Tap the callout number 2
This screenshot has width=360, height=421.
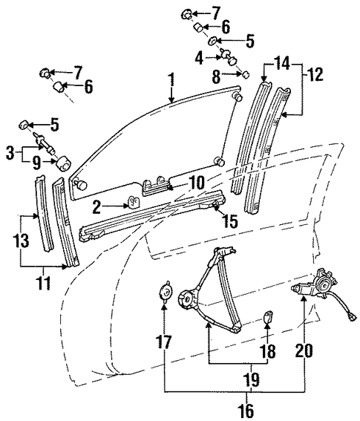point(96,207)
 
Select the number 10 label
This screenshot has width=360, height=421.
point(197,183)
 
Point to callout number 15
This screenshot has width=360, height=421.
point(230,221)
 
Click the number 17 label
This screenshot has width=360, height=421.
point(163,342)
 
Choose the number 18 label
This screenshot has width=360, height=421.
point(268,351)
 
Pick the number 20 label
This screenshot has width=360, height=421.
point(304,350)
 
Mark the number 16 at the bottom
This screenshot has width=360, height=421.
point(247,410)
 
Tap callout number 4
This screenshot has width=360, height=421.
point(199,58)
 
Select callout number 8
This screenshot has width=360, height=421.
point(217,76)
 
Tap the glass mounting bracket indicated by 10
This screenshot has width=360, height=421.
point(156,186)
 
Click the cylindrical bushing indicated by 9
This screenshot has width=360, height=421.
point(64,163)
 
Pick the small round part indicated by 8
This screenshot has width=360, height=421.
point(246,74)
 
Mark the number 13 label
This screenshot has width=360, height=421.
point(22,241)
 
